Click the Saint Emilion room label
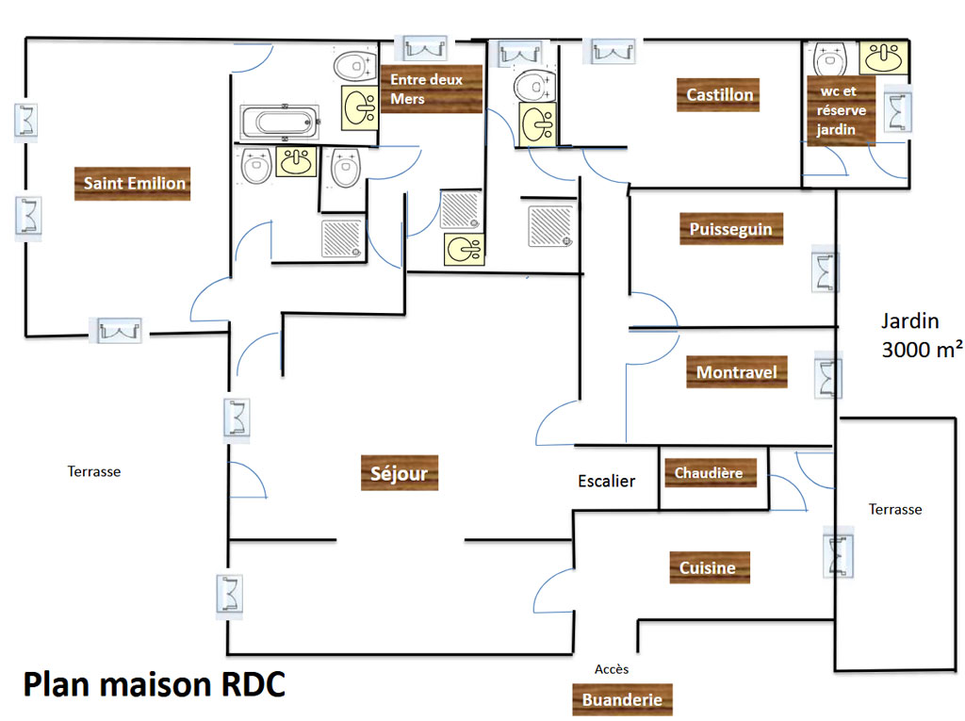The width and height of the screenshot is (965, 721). tap(132, 184)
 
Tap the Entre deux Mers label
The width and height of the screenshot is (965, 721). tap(432, 89)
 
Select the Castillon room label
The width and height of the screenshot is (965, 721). tap(718, 95)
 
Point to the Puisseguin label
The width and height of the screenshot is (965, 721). tap(731, 229)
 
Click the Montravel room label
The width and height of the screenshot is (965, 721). tap(737, 372)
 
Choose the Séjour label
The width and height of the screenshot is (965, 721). tap(400, 473)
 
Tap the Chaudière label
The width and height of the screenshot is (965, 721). tap(709, 473)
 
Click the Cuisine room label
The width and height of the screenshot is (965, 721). tap(710, 567)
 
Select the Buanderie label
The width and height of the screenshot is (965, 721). tap(622, 700)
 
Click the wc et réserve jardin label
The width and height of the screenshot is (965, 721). tap(841, 110)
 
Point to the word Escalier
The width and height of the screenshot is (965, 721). tap(606, 481)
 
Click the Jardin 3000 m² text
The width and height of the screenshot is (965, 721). tap(922, 335)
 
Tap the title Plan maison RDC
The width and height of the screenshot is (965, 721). tap(154, 684)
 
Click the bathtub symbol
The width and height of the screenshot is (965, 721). tap(280, 122)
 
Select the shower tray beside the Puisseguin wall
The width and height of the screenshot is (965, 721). tap(550, 226)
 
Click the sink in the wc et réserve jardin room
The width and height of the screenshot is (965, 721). tap(884, 57)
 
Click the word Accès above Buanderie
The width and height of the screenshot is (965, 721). tap(612, 669)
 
